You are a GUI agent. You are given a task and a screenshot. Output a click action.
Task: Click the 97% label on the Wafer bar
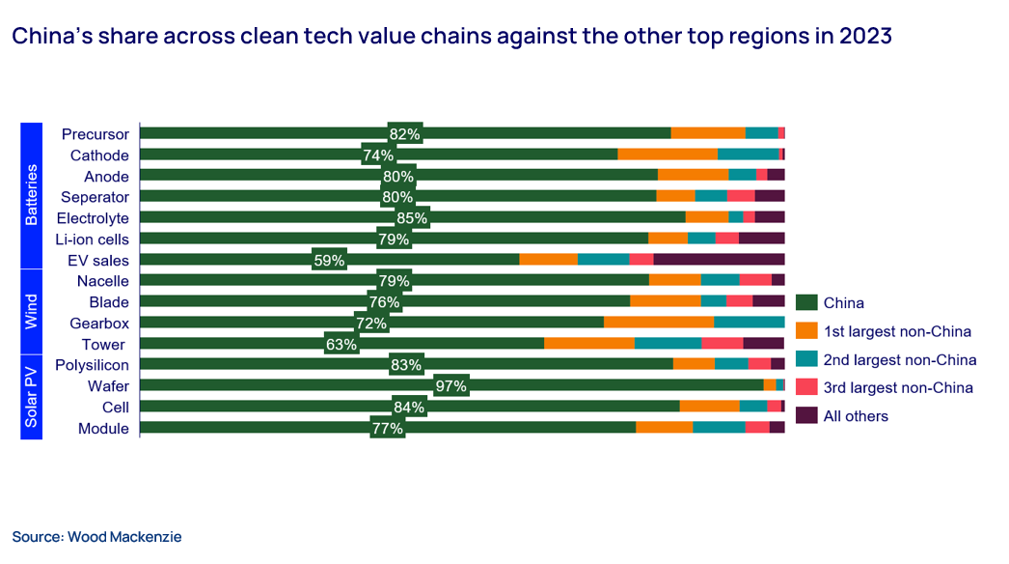pos(451,386)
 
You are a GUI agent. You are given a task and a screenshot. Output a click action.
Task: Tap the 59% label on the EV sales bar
pos(329,260)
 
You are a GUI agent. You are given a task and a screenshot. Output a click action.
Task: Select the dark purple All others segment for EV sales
pos(719,259)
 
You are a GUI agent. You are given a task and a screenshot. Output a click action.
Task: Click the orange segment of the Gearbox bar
pos(659,323)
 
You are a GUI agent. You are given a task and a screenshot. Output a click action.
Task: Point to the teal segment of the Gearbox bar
pos(749,323)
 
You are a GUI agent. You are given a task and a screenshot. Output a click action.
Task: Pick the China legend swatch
pos(806,303)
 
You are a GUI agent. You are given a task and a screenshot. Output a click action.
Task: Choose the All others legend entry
pos(856,415)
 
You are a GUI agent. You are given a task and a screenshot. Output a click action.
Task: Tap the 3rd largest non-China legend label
pos(898,387)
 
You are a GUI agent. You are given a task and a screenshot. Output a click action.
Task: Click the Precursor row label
pos(95,133)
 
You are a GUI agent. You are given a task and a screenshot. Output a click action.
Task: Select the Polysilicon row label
pos(92,365)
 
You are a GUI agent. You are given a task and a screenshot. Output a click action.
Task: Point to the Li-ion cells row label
pos(94,239)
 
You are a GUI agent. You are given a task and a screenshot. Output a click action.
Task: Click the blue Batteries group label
pos(31,196)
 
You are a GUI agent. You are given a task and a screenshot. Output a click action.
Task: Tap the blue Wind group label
pos(31,312)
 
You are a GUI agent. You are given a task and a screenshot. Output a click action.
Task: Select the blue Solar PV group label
pos(31,397)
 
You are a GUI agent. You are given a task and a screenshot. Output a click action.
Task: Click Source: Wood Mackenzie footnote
pos(96,536)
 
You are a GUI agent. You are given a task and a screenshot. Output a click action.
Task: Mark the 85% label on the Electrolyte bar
pos(412,218)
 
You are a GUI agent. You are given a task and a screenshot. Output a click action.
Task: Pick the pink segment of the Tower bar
pos(722,344)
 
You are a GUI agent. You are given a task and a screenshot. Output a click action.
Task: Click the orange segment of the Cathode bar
pos(668,155)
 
